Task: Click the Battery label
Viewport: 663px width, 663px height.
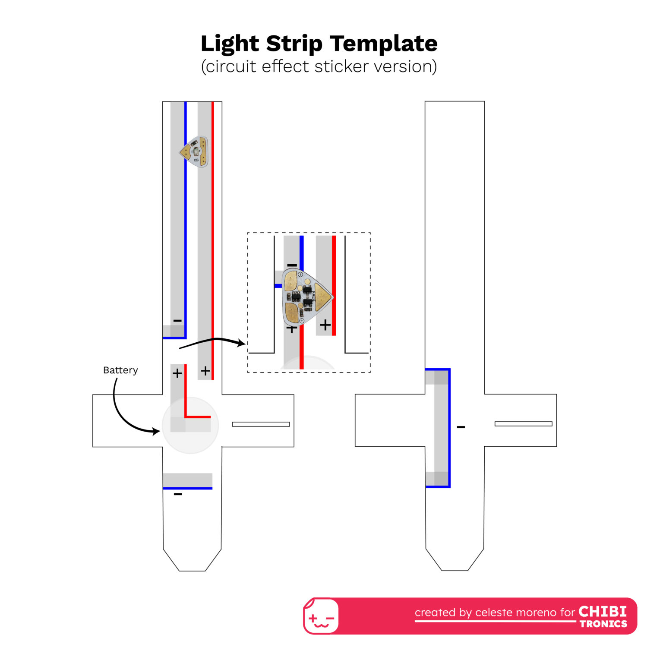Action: (x=120, y=370)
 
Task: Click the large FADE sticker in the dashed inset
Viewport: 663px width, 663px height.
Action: (x=307, y=297)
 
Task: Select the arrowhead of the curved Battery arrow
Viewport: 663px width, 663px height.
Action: (x=156, y=431)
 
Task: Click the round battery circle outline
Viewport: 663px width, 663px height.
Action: (x=190, y=425)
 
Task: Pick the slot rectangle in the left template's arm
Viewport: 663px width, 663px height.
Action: (x=261, y=424)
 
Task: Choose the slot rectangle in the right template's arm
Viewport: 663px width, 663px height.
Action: (x=523, y=424)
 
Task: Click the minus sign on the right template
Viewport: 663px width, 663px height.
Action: (x=461, y=427)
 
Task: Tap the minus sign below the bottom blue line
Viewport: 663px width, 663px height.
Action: (x=178, y=494)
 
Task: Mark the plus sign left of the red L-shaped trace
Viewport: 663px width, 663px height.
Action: (x=177, y=373)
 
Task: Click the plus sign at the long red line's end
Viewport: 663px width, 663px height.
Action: (x=205, y=371)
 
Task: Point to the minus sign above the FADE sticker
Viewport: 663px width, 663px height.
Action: (x=292, y=265)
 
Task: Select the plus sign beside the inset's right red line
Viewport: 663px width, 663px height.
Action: (x=325, y=325)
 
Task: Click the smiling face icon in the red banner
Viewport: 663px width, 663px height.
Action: (x=321, y=617)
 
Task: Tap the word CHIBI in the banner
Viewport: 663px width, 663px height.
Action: (x=603, y=612)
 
